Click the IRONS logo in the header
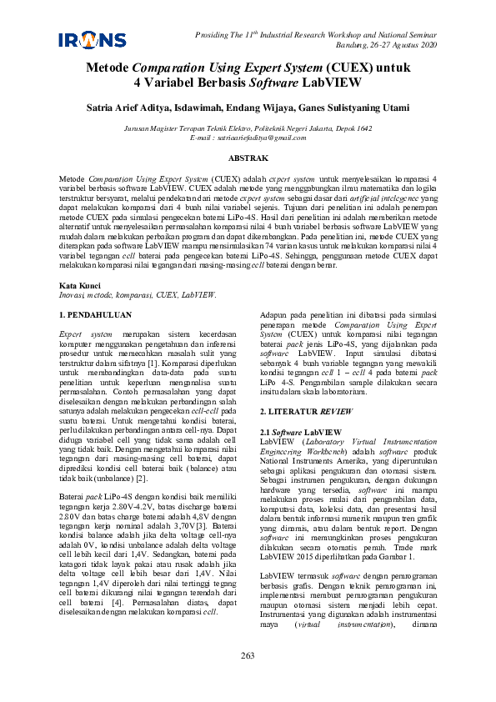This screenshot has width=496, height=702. pos(92,39)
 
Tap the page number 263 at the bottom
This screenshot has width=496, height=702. pos(248,679)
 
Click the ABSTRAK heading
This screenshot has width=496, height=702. pos(248,158)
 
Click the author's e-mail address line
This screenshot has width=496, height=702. pos(248,139)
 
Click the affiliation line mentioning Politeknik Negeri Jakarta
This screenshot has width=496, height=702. pos(248,130)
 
